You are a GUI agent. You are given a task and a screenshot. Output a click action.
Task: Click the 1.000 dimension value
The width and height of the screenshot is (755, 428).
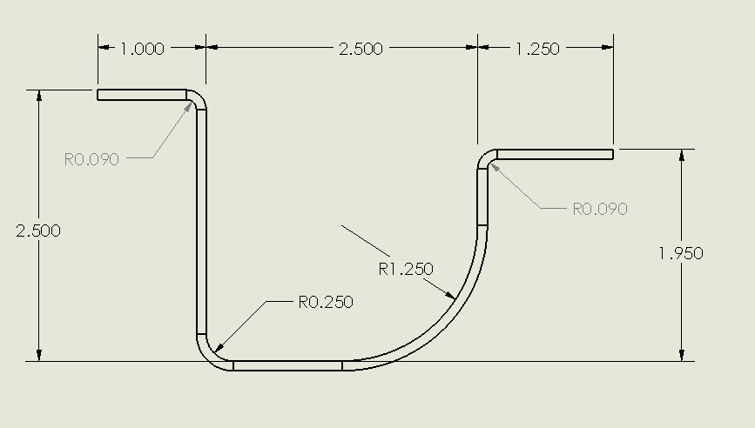(141, 49)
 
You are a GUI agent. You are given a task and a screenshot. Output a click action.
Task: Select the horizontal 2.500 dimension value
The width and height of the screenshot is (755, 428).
(361, 49)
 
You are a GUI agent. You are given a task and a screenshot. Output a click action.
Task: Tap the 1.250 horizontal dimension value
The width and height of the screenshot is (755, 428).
(537, 49)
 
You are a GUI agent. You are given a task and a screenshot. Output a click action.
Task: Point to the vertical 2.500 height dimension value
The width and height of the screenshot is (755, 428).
(38, 231)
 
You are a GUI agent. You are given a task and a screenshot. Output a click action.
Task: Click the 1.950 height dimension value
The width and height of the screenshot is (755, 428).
(681, 253)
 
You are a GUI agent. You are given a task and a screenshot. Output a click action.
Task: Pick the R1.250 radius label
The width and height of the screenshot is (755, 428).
(406, 269)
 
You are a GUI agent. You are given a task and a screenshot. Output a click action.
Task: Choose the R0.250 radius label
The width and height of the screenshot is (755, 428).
(326, 302)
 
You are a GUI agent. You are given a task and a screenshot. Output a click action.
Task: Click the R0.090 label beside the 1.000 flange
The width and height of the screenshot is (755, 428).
(91, 159)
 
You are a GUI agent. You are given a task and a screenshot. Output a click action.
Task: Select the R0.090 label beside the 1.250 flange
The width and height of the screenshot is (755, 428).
(599, 209)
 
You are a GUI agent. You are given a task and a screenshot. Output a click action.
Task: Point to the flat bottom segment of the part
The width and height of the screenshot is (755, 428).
(287, 365)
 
